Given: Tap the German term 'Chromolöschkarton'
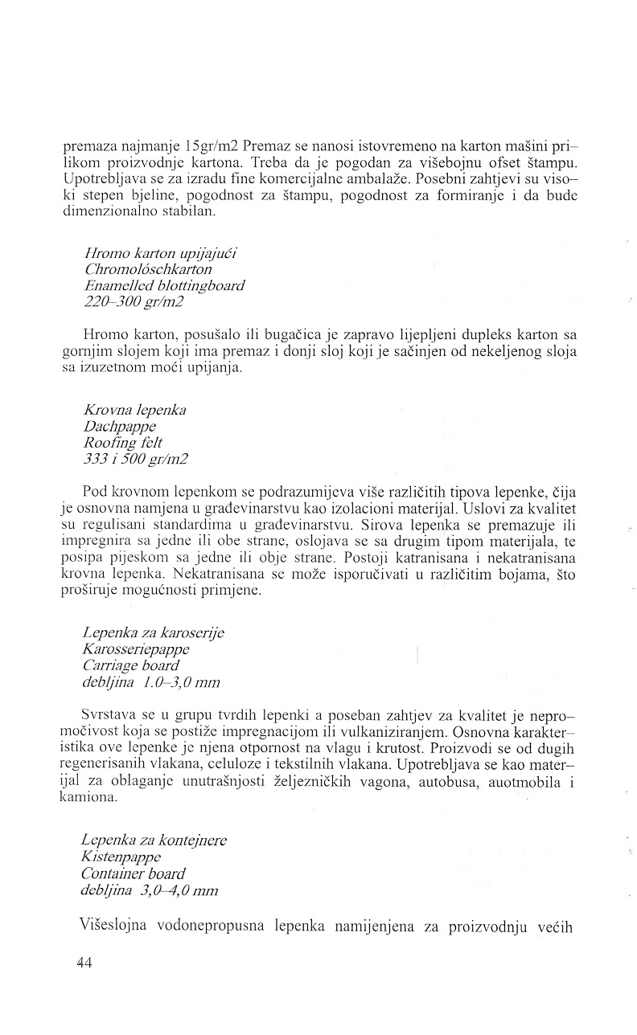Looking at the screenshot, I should pos(147,270).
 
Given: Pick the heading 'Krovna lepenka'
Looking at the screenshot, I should pos(134,410).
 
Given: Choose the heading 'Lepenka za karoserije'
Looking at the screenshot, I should pos(153,632).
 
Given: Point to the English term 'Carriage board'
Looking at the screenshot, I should pos(130,665).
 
